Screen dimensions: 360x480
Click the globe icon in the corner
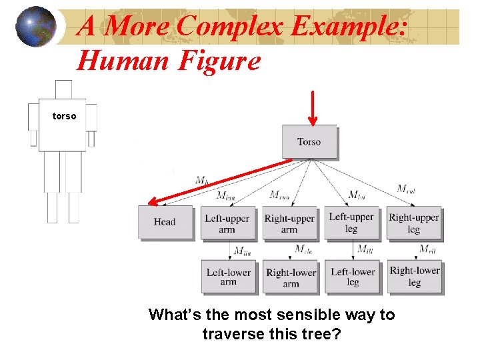coord(35,27)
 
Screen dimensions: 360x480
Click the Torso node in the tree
coord(309,141)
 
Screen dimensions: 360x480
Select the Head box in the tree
coord(165,222)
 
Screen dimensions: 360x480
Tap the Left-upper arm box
coord(227,223)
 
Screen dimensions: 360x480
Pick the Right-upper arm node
coord(289,223)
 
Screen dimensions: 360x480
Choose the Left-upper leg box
coord(351,223)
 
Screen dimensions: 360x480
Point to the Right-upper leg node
coord(414,223)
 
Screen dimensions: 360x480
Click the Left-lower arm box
coord(228,277)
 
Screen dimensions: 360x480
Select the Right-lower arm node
coord(291,277)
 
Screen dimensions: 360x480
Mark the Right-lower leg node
coord(415,276)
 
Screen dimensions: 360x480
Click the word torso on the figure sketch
coord(65,116)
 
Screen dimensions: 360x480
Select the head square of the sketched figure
coord(63,89)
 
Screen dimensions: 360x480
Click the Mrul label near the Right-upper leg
coord(406,189)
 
